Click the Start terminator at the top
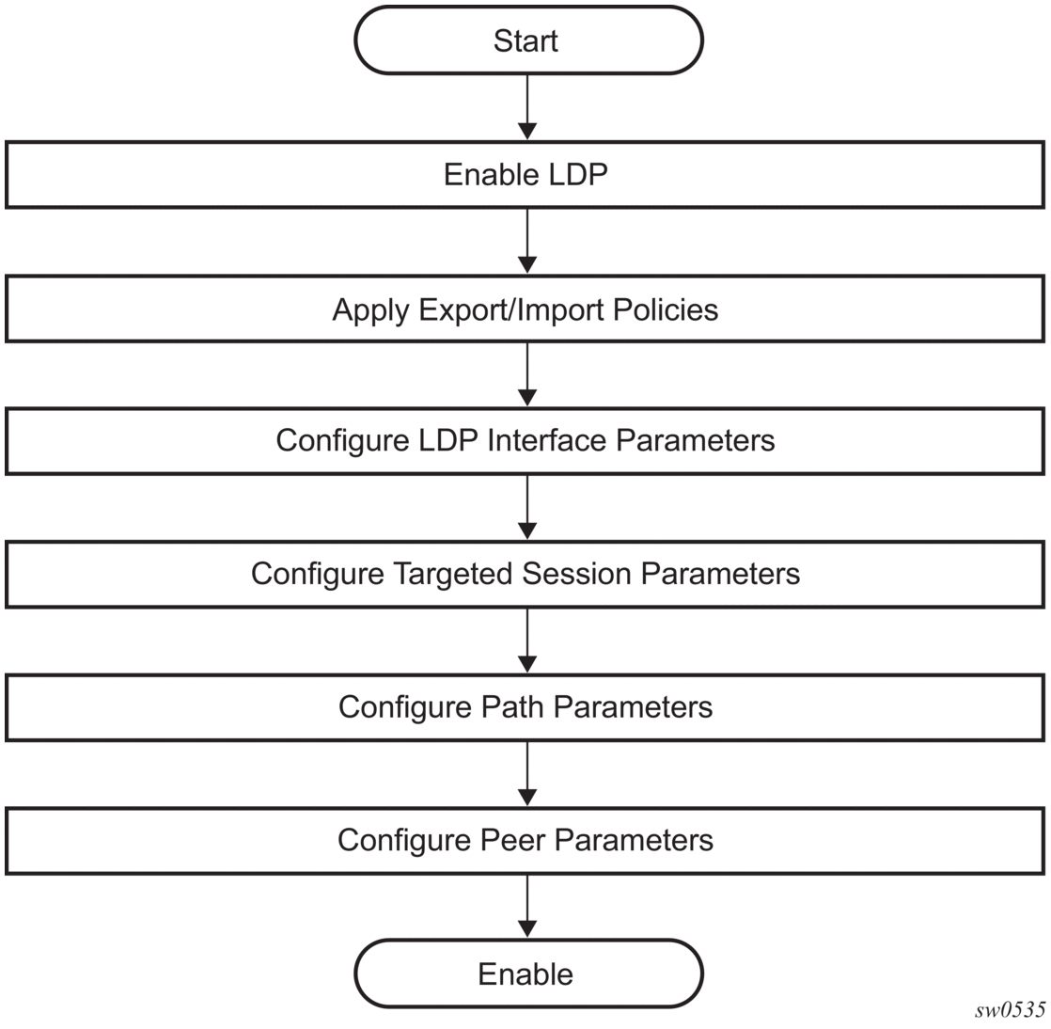(528, 40)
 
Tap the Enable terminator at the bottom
(528, 974)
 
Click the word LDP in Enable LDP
(578, 174)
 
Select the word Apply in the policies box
(370, 310)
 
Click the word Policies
(666, 309)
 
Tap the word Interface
(547, 441)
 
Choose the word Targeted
(452, 574)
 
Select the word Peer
(511, 840)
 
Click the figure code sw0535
(1011, 1010)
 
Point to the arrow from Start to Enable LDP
(527, 107)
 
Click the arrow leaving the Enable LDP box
(527, 241)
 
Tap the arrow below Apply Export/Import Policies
(527, 374)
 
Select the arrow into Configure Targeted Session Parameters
(527, 507)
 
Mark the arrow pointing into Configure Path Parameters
(527, 641)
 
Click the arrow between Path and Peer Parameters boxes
(527, 773)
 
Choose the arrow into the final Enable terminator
(527, 906)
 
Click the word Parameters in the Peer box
(634, 840)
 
